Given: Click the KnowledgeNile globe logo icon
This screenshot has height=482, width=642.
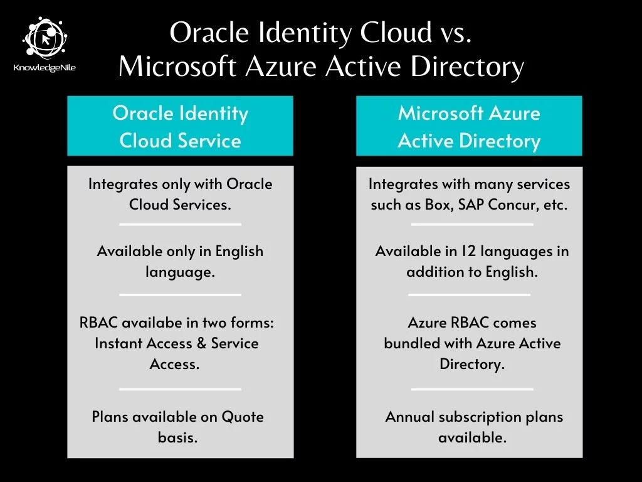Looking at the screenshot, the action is pyautogui.click(x=45, y=38).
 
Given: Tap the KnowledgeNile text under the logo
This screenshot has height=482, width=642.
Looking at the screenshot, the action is pyautogui.click(x=45, y=68).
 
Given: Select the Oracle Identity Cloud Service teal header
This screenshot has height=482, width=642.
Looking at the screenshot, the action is pyautogui.click(x=180, y=126).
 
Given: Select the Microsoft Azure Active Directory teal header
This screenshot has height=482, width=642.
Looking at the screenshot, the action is pyautogui.click(x=469, y=126).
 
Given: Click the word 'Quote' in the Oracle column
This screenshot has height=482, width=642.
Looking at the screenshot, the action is pyautogui.click(x=243, y=417).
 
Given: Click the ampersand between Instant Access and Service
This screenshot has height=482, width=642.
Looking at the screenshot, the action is pyautogui.click(x=201, y=343).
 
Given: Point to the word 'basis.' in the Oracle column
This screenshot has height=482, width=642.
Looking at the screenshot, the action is pyautogui.click(x=177, y=437).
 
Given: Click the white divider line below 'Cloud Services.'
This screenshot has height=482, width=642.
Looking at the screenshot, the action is pyautogui.click(x=180, y=225).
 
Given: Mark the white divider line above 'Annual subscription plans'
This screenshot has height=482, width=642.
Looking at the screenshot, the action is pyautogui.click(x=472, y=389).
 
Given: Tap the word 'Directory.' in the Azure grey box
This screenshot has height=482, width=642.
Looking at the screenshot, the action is pyautogui.click(x=472, y=364).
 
